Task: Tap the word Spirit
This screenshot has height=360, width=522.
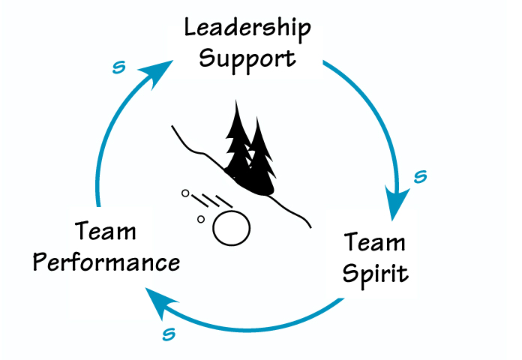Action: [375, 272]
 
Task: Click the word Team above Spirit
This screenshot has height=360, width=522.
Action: [375, 243]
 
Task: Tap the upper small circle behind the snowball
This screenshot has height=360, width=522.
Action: [184, 193]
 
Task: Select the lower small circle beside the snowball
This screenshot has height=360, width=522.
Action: [200, 219]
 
